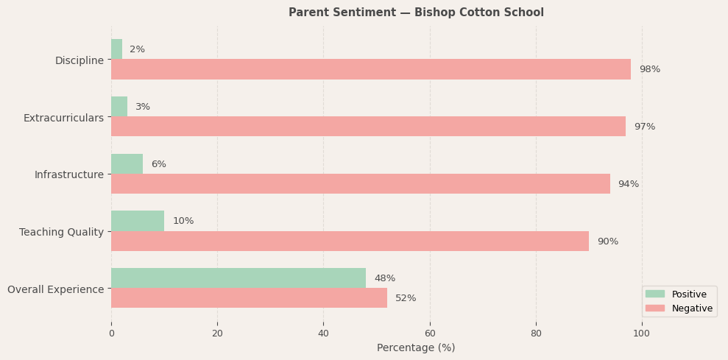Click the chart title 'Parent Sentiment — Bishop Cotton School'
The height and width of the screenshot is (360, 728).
click(416, 13)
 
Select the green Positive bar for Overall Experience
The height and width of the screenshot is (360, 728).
click(238, 278)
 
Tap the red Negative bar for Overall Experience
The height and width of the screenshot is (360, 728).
click(249, 298)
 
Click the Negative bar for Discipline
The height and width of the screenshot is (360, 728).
click(371, 69)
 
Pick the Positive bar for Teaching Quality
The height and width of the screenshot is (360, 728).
click(138, 221)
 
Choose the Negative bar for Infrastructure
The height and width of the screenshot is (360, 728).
click(361, 184)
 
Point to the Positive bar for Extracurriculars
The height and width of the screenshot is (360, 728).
click(119, 107)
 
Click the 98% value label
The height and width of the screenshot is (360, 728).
click(649, 69)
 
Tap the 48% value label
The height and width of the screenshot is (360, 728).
click(384, 278)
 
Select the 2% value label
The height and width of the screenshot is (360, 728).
click(137, 49)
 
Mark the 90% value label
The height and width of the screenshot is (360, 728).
click(607, 241)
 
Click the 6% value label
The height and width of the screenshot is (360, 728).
click(158, 164)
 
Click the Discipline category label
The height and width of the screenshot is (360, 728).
click(79, 60)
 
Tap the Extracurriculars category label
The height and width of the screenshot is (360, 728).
click(63, 118)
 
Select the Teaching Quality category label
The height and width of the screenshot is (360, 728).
click(61, 232)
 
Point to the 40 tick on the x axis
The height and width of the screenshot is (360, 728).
click(323, 333)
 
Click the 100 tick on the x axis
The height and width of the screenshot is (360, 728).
click(642, 333)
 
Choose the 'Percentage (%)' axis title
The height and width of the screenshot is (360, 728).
click(416, 347)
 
